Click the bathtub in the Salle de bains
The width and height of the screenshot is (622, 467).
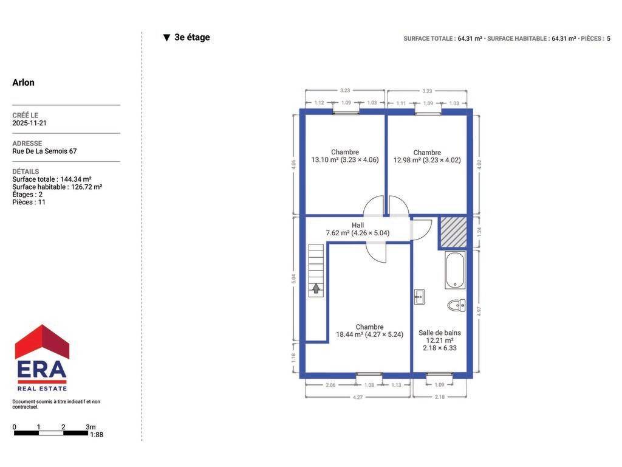455,270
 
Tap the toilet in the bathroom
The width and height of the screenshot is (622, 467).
456,305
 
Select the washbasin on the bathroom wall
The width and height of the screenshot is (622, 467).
419,297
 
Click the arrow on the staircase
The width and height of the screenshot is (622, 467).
316,288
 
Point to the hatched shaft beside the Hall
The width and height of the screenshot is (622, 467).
453,232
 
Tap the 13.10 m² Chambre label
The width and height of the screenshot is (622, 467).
345,156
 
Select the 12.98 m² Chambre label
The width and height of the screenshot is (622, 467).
427,156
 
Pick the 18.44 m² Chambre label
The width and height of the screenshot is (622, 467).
369,331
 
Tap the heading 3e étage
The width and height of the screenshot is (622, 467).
192,37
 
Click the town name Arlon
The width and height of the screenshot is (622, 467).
24,83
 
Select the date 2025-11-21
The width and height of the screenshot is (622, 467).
29,123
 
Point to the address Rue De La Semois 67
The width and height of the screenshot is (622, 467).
44,151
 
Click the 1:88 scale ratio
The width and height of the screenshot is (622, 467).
97,435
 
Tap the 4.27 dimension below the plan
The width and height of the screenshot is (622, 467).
357,397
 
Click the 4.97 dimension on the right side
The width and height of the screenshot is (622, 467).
479,311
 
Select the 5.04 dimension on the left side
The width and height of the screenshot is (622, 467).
293,278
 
